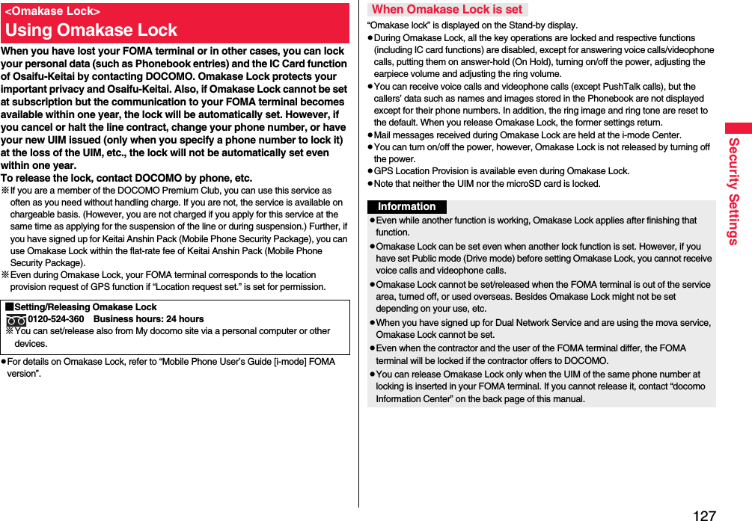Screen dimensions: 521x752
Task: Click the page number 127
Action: click(x=704, y=514)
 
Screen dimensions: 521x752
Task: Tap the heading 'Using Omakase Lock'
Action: click(x=91, y=31)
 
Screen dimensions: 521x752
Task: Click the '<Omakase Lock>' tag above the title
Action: click(x=52, y=11)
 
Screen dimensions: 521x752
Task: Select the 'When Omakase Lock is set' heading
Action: click(x=447, y=10)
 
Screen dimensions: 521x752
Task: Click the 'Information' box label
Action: click(x=406, y=207)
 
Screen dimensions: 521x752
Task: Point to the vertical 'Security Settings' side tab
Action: click(x=734, y=191)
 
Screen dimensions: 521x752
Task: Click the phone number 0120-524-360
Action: click(x=56, y=319)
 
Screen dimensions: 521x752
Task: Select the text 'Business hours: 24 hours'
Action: click(x=148, y=319)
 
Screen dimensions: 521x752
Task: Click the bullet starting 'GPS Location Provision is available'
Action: click(x=501, y=171)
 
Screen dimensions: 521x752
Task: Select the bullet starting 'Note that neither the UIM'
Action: click(x=486, y=183)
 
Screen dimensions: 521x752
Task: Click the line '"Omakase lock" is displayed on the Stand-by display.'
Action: click(x=472, y=25)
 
